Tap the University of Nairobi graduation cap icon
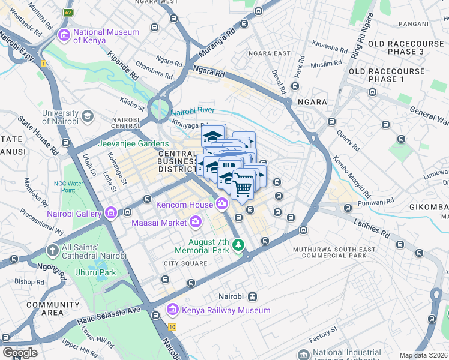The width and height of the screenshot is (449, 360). click(x=88, y=116)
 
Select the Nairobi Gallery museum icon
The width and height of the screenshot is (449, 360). click(x=110, y=213)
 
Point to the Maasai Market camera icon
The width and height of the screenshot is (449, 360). click(x=196, y=223)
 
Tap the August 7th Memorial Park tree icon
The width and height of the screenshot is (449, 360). click(x=239, y=245)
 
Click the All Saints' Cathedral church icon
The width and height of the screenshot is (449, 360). click(x=52, y=250)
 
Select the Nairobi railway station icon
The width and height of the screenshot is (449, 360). click(x=253, y=296)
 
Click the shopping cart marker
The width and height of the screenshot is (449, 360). click(x=243, y=188)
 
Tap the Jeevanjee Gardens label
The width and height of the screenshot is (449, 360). click(x=133, y=143)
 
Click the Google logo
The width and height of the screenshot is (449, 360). click(x=20, y=353)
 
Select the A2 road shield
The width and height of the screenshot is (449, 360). click(x=68, y=12)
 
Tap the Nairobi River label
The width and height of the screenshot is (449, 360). click(x=193, y=110)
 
